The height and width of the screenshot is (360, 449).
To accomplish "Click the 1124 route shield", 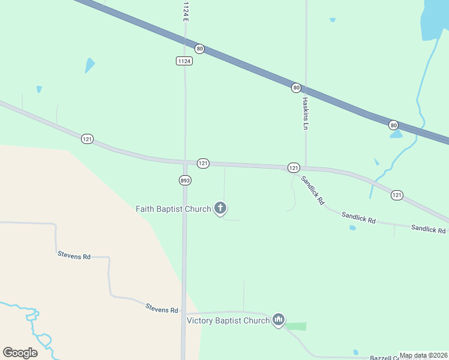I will pyautogui.click(x=184, y=61).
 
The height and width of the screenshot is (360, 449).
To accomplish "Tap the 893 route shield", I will pyautogui.click(x=185, y=180).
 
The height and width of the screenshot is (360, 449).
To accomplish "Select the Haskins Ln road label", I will pyautogui.click(x=305, y=114).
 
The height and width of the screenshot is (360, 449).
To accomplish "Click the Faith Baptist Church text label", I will pyautogui.click(x=173, y=209).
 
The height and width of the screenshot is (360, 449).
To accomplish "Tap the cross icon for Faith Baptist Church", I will pyautogui.click(x=220, y=208).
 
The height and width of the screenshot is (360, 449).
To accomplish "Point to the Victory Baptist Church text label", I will pyautogui.click(x=228, y=320).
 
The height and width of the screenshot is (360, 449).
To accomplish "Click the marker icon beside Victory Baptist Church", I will pyautogui.click(x=278, y=320).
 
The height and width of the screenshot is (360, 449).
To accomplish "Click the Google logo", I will pyautogui.click(x=20, y=352).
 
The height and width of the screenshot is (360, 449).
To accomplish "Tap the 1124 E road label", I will pyautogui.click(x=185, y=12).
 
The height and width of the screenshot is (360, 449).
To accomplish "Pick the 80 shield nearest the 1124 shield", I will pyautogui.click(x=200, y=49).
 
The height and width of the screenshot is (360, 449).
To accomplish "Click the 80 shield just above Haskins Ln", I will pyautogui.click(x=296, y=88).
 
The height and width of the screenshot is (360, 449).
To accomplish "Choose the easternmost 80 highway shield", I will pyautogui.click(x=393, y=125).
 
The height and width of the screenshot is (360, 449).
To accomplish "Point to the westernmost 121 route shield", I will pyautogui.click(x=87, y=139).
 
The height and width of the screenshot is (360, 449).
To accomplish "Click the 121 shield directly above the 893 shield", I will pyautogui.click(x=203, y=163).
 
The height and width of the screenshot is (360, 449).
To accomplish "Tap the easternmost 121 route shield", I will pyautogui.click(x=397, y=195).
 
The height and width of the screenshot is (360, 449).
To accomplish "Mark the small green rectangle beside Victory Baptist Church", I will pyautogui.click(x=295, y=326).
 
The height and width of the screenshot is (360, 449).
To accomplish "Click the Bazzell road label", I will pyautogui.click(x=384, y=358).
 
